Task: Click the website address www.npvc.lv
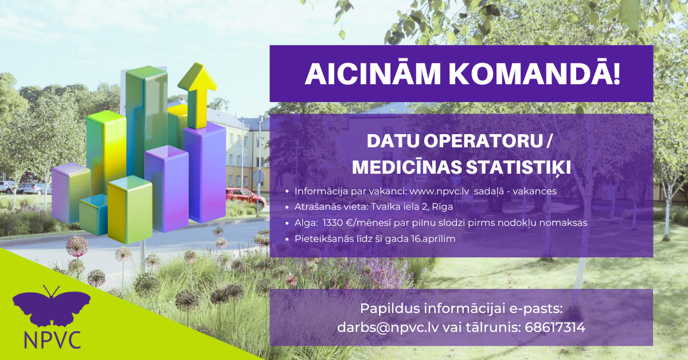[x=439, y=191]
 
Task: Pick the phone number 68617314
[x=555, y=327]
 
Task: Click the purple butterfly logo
[x=51, y=306]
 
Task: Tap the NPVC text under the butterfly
[x=52, y=340]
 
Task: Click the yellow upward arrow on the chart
[x=197, y=96]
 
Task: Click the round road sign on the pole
[x=259, y=177]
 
